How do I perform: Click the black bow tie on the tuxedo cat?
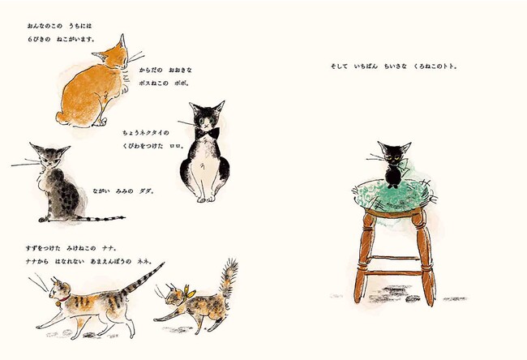tap(207, 133)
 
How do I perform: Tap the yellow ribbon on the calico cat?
tap(189, 293)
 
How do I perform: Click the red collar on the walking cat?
tap(64, 299)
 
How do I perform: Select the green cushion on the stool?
tap(392, 197)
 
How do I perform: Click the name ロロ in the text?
tap(177, 146)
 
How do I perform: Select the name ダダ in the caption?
tap(146, 191)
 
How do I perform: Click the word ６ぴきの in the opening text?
tap(40, 40)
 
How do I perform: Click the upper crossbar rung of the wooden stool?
tap(394, 258)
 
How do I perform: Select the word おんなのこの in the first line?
tap(45, 26)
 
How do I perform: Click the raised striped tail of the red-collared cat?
tap(143, 279)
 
